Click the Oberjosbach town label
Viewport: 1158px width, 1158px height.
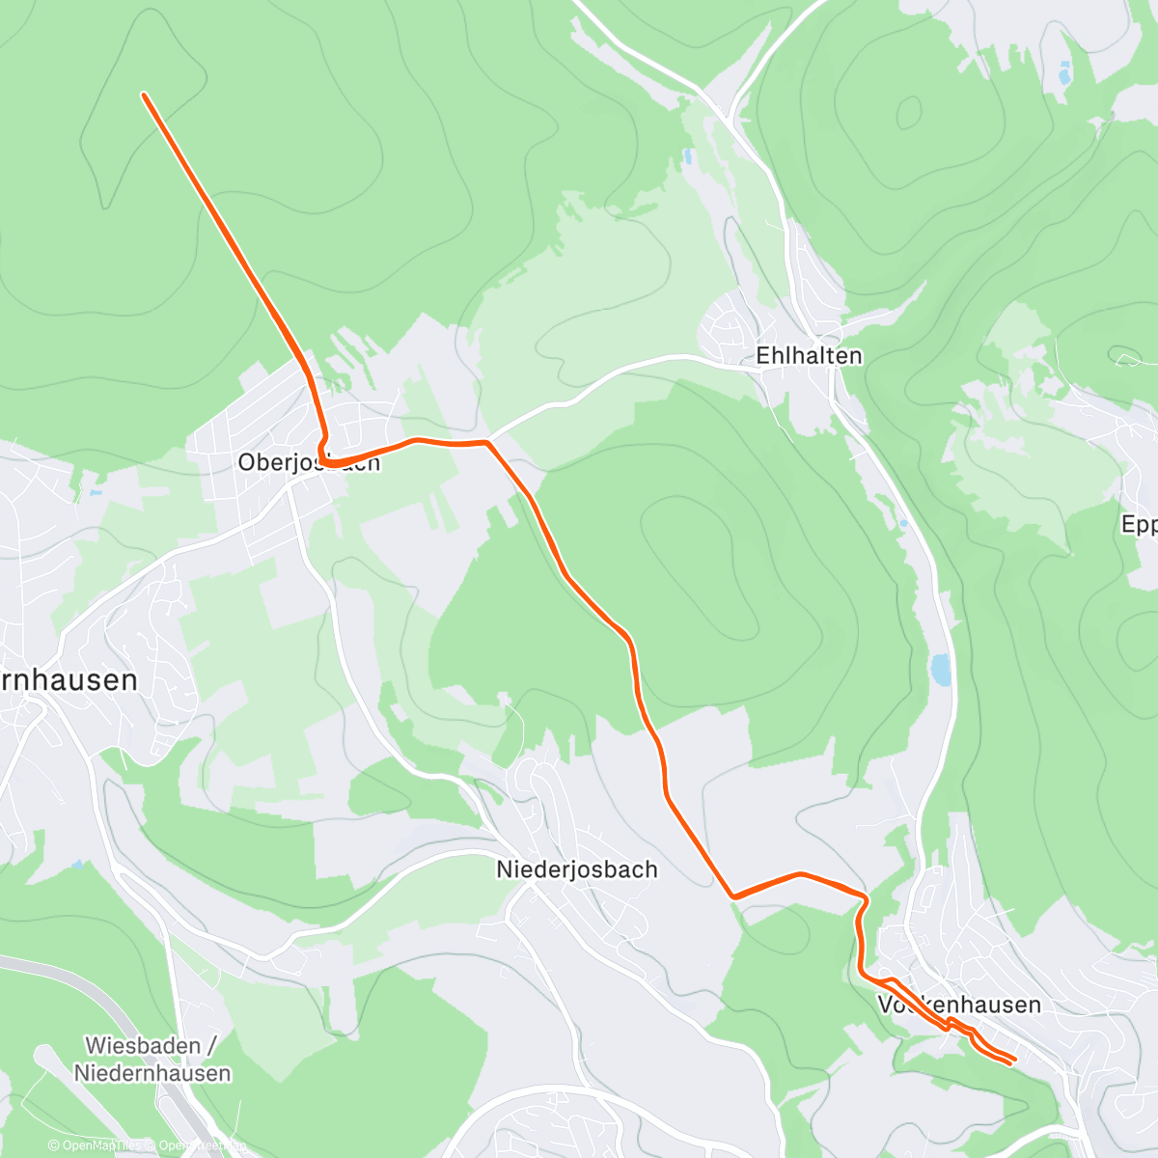tap(309, 462)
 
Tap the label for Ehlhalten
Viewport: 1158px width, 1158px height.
tap(809, 355)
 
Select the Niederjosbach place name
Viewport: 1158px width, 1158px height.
tap(577, 869)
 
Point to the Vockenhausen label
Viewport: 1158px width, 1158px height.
tap(959, 1005)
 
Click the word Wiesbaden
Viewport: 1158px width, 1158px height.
tap(143, 1046)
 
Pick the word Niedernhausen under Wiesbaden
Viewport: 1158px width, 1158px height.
tap(152, 1073)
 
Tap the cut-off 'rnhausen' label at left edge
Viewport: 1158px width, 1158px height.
tap(68, 680)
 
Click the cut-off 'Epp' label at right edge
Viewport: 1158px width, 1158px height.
tap(1139, 524)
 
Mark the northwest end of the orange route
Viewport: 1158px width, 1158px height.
tap(144, 95)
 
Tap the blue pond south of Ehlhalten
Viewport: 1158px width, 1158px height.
tap(940, 669)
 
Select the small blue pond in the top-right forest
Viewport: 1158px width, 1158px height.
tap(1064, 71)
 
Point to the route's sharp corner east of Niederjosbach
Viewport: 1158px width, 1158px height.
tap(734, 896)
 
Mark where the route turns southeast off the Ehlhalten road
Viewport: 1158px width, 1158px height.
tap(488, 442)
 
